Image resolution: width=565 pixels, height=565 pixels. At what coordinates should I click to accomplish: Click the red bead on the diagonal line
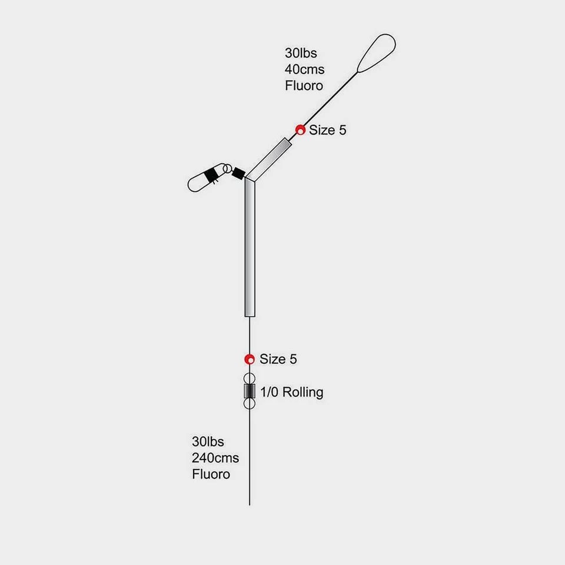[x=300, y=129]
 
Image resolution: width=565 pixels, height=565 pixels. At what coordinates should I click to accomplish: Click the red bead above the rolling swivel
[x=250, y=359]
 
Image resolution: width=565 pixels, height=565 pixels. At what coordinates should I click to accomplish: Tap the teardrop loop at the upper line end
[x=376, y=54]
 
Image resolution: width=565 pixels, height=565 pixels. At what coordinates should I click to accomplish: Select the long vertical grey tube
[x=250, y=248]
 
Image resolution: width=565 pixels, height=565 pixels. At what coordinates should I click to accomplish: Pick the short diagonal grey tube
[x=268, y=159]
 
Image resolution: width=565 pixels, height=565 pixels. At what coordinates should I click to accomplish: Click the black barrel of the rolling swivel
[x=250, y=391]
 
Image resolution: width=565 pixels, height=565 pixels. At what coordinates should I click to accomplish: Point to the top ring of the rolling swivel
[x=250, y=378]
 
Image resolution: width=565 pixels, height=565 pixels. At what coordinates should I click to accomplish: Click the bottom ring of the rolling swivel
[x=250, y=404]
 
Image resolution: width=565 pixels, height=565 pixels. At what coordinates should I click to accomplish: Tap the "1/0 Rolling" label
[x=291, y=392]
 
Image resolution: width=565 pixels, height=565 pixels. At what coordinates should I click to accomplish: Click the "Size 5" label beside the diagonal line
[x=328, y=130]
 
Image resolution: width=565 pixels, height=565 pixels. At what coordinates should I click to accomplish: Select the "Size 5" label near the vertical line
[x=278, y=359]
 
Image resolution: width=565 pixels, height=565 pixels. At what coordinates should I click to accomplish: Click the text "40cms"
[x=304, y=69]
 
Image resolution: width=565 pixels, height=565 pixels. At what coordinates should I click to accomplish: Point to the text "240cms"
[x=215, y=458]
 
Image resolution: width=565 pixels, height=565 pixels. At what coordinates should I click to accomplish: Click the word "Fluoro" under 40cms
[x=304, y=85]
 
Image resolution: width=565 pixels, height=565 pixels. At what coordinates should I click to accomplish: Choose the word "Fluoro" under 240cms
[x=211, y=474]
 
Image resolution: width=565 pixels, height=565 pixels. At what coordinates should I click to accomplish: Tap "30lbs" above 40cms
[x=301, y=53]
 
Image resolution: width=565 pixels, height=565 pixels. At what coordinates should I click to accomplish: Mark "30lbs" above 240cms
[x=208, y=441]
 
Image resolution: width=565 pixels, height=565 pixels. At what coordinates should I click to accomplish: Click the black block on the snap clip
[x=211, y=175]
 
